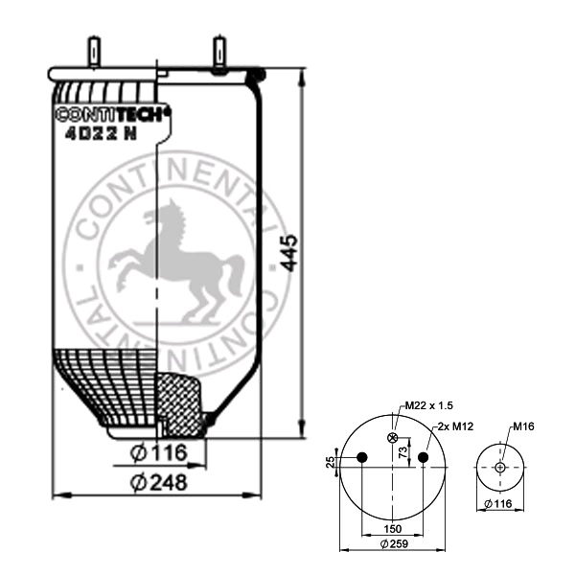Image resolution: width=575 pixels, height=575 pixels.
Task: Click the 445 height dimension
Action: point(289,253)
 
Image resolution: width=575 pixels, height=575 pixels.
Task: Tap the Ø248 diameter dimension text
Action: point(159,482)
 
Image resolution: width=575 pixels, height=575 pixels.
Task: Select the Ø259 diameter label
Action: point(394,543)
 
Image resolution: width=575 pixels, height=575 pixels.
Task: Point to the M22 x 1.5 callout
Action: point(428,405)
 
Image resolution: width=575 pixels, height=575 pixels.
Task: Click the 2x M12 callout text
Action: point(455,426)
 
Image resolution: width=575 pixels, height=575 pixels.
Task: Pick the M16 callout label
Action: point(523,426)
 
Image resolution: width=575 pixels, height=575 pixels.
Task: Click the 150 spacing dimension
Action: point(392,528)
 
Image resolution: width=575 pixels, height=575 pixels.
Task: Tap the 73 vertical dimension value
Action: point(403,452)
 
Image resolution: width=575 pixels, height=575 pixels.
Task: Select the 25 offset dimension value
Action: point(331,462)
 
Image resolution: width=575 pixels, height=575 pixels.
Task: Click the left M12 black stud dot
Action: point(362,457)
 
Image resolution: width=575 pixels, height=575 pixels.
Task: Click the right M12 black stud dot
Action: point(424,457)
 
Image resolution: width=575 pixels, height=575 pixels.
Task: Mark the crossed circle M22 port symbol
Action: point(393,437)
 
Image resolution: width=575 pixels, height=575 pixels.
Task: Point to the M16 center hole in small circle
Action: point(500,468)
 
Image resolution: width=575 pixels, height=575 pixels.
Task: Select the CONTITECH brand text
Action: point(113,114)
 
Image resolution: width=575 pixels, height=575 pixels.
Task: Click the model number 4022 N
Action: point(101,134)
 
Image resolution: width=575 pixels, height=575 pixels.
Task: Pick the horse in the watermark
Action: point(176,261)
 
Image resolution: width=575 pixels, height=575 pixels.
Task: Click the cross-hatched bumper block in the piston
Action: point(179,404)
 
